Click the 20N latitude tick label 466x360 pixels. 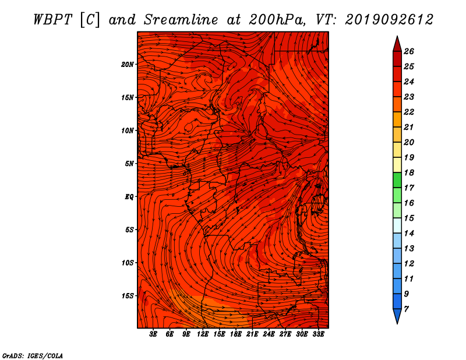(x=127, y=65)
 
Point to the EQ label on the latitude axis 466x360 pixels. (x=129, y=197)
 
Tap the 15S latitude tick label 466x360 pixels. (x=128, y=296)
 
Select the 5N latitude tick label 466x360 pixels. (x=129, y=164)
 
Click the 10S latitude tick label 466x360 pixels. (x=128, y=263)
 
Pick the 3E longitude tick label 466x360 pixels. (x=153, y=334)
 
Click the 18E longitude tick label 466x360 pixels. (x=236, y=334)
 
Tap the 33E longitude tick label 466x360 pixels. (x=318, y=334)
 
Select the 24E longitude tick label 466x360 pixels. (x=269, y=334)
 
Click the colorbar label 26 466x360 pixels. (x=409, y=52)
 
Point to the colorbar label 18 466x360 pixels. (x=409, y=173)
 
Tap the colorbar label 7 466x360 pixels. (x=406, y=309)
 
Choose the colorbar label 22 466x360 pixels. (x=409, y=112)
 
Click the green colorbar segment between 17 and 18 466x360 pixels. (x=397, y=180)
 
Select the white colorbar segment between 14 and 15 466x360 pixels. (x=397, y=225)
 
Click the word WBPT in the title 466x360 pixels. (x=52, y=20)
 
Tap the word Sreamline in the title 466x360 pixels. (x=181, y=20)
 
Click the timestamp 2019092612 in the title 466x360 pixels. (x=389, y=20)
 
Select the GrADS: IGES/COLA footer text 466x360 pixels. (x=33, y=356)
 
